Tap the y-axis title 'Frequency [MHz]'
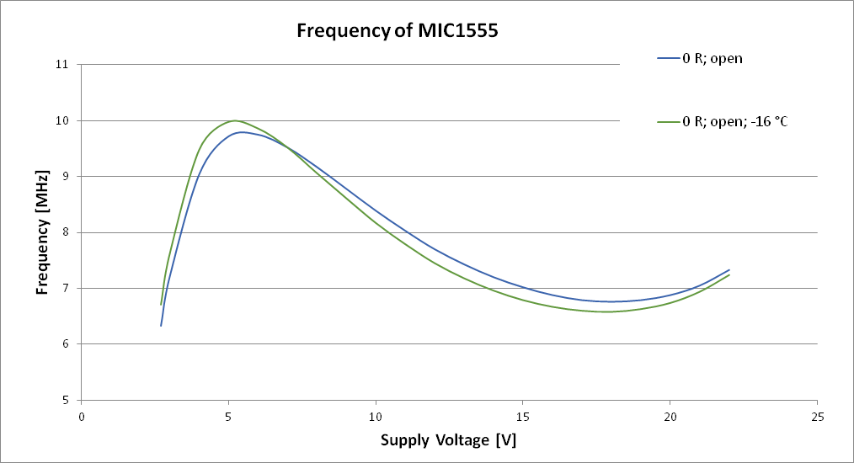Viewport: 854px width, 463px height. [42, 231]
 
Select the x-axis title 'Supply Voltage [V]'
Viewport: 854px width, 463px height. [448, 439]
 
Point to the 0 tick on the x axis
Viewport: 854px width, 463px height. [82, 417]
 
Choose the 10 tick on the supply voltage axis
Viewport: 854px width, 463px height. [376, 417]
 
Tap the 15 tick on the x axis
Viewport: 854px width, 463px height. [523, 417]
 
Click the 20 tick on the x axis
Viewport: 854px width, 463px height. [670, 417]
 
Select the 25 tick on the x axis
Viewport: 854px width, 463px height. [817, 417]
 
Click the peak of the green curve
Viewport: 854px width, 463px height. [234, 120]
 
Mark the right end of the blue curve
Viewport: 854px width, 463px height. [729, 270]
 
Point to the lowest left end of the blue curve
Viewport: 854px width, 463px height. [161, 326]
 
